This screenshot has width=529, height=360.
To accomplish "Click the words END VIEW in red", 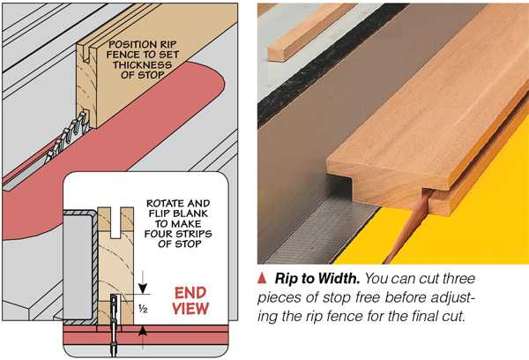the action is [190, 301].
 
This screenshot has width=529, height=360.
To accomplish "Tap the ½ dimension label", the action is [143, 308].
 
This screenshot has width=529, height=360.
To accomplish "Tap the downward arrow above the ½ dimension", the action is [143, 282].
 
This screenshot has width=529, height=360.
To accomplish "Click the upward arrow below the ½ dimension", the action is [143, 338].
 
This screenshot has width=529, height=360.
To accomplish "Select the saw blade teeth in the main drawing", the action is [68, 135].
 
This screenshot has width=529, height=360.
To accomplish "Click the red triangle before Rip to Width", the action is [262, 278].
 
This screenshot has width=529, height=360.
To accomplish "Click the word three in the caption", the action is [458, 279].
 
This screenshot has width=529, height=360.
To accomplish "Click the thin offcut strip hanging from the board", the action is [408, 226].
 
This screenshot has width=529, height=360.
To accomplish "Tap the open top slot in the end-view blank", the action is [115, 222].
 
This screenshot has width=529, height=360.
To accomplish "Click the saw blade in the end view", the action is [114, 324].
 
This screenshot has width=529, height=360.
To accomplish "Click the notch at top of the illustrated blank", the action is [86, 55].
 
